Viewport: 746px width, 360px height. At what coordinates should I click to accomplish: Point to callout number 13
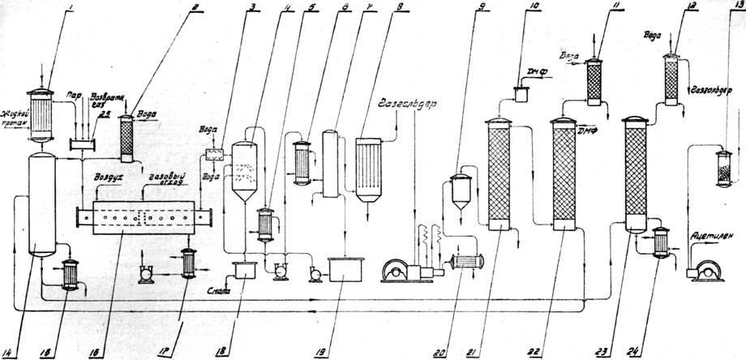(x=736, y=10)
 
